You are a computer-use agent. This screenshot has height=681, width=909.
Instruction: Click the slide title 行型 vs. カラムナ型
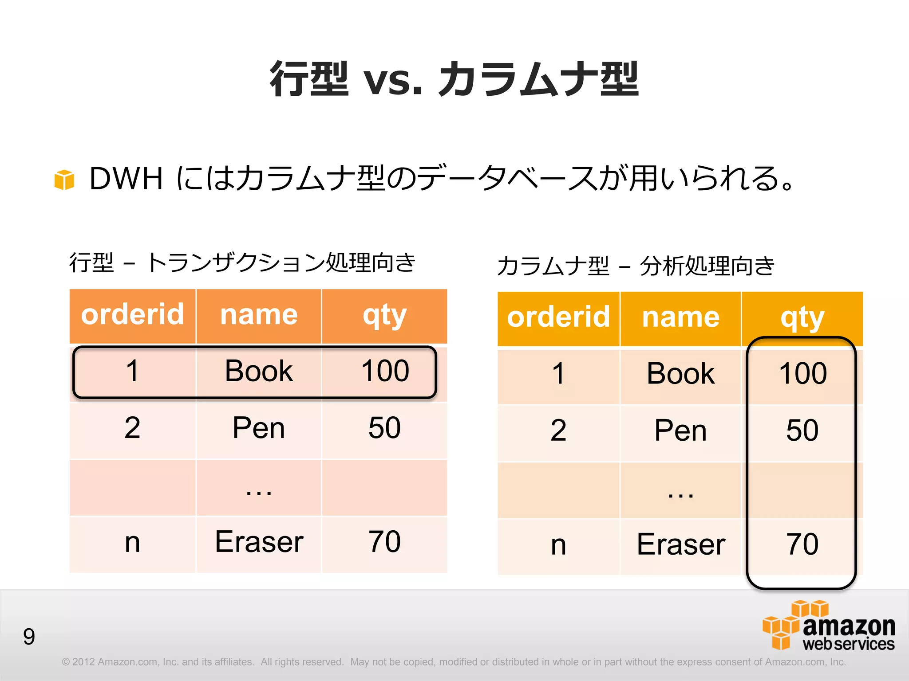tap(454, 79)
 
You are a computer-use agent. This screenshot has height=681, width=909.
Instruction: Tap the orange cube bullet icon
tap(64, 180)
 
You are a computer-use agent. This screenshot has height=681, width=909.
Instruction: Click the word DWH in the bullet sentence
tap(126, 179)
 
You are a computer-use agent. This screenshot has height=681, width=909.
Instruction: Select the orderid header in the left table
tap(132, 315)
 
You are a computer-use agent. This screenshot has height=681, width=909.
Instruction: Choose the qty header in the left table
tap(384, 316)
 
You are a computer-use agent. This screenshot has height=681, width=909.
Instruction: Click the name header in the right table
tap(680, 317)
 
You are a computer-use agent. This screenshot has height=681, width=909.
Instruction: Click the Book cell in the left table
tap(259, 371)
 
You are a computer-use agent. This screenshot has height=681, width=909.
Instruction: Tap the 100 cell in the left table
tap(385, 371)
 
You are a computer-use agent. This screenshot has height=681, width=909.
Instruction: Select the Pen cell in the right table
tap(680, 431)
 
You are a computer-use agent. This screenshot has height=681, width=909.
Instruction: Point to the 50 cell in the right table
tap(802, 431)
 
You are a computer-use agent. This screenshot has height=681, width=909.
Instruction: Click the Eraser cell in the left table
tap(259, 542)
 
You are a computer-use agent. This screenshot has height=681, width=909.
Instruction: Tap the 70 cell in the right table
tap(802, 544)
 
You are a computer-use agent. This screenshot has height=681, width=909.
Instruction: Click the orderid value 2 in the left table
tap(132, 428)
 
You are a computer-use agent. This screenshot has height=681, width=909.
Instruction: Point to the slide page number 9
tap(29, 637)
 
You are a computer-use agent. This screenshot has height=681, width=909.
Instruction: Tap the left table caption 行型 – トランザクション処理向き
tap(242, 262)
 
